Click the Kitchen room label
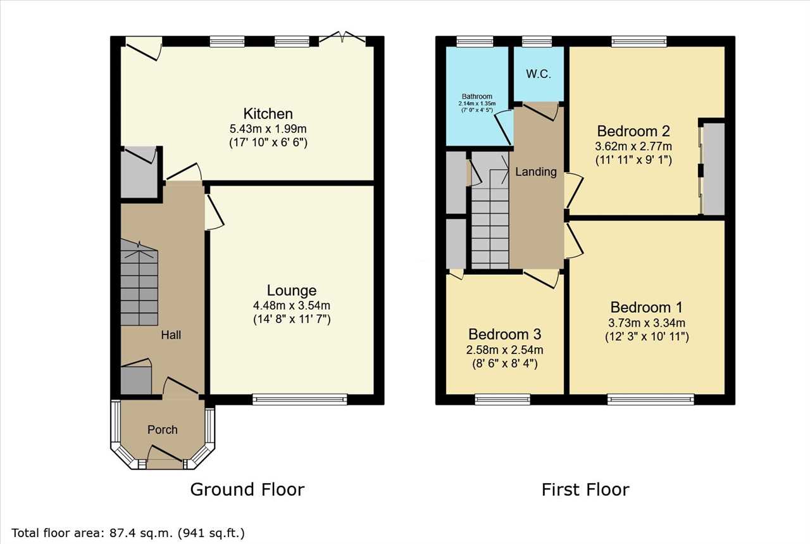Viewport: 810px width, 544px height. point(268,113)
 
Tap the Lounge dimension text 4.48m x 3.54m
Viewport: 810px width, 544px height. point(292,305)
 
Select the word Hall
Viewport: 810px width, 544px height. point(171,335)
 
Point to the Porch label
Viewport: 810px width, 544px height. point(163,429)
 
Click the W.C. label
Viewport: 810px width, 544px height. point(539,74)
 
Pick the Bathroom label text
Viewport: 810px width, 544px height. point(477,96)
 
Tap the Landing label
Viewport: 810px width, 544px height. point(536,172)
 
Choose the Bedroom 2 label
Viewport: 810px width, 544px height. point(633,131)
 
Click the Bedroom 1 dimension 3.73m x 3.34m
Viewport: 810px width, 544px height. point(647,322)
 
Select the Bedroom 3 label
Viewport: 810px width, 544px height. point(505,334)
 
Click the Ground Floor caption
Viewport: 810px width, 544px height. point(247,490)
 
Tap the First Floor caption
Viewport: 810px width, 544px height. point(585,490)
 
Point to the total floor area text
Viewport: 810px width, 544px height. point(128,533)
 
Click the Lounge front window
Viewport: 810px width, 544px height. point(300,399)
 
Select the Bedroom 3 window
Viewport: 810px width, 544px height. point(502,399)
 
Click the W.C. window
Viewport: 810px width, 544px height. point(537,41)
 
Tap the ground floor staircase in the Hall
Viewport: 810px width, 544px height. point(139,283)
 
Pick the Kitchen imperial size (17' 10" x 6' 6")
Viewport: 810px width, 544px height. point(268,142)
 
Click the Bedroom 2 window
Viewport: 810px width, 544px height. point(639,41)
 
